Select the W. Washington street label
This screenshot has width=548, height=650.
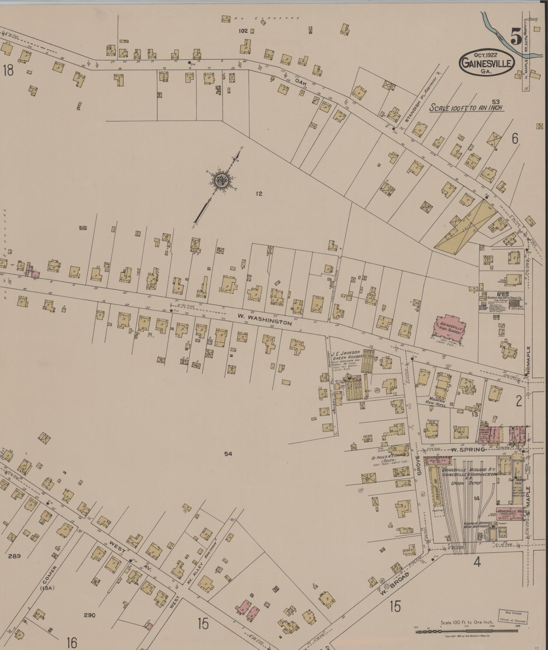[x=264, y=320]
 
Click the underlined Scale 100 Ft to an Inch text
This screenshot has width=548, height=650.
[x=466, y=108]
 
